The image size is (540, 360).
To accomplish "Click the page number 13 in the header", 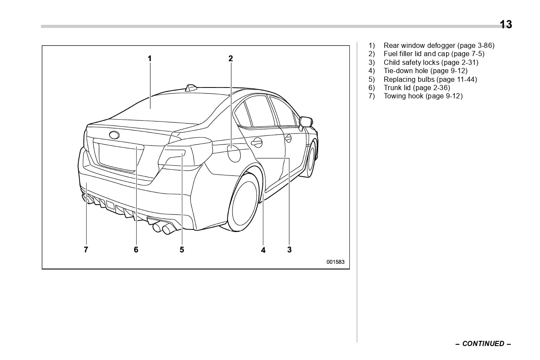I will [x=506, y=24].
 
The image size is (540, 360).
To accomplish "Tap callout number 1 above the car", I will [x=149, y=58].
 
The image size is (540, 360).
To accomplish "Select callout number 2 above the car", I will [x=231, y=58].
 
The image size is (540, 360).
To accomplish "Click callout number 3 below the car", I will [x=289, y=249].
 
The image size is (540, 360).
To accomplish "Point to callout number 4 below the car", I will [x=263, y=250].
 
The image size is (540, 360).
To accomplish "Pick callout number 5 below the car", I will [x=182, y=249].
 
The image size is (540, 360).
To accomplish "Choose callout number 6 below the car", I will [x=136, y=249].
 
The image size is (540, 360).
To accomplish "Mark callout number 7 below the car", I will [x=86, y=249].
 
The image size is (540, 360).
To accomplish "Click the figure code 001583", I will [x=335, y=262].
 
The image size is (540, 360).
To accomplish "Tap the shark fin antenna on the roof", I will [x=191, y=88].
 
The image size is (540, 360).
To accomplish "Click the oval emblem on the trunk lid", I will [x=114, y=135].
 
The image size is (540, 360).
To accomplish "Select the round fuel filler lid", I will [x=234, y=153].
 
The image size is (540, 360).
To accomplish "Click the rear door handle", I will [x=257, y=142].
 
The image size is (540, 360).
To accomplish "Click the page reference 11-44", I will [x=467, y=79].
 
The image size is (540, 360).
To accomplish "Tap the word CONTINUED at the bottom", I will [x=483, y=344].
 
